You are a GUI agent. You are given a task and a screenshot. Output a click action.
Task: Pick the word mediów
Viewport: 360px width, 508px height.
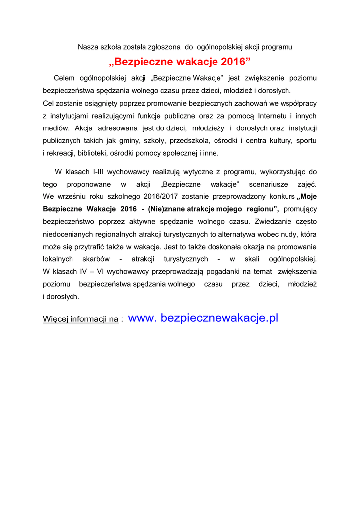(x=55, y=128)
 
